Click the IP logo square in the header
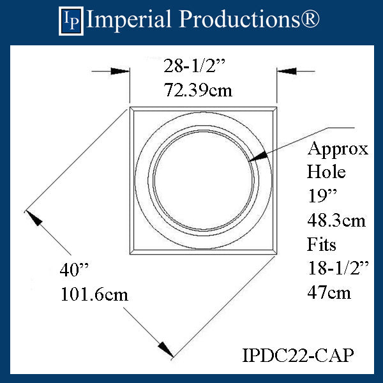pos(71,21)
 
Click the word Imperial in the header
pos(129,20)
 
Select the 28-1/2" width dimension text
pos(194,66)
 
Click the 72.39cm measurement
pos(198,90)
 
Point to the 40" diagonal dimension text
pos(74,270)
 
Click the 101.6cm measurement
pos(94,294)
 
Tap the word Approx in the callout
pos(338,149)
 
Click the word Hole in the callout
pos(326,172)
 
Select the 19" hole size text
pos(322,196)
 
